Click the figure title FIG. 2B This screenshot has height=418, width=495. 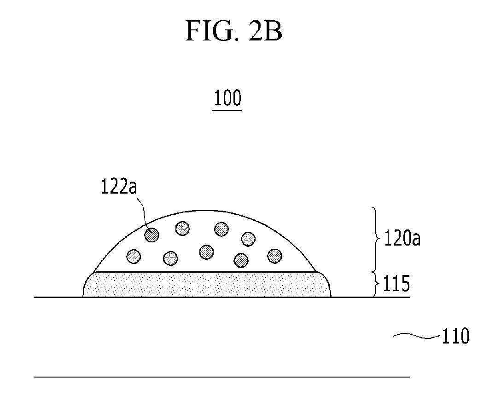(233, 30)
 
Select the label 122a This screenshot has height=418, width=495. (119, 186)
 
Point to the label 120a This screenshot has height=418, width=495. (402, 238)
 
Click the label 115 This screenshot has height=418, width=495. (396, 283)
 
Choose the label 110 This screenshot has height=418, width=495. (455, 336)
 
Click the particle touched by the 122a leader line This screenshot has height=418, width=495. (152, 235)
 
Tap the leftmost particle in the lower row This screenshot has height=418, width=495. (134, 256)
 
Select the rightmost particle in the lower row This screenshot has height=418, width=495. (274, 256)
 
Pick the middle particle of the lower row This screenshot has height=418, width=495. (206, 252)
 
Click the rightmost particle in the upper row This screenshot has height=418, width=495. (248, 239)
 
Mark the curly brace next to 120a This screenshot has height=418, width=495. (375, 239)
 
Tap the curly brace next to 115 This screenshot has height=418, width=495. (376, 284)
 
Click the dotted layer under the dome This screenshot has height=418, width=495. (207, 284)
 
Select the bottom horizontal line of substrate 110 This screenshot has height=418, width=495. (222, 377)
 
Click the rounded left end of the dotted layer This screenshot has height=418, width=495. (85, 285)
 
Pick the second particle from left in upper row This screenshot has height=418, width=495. (182, 228)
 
